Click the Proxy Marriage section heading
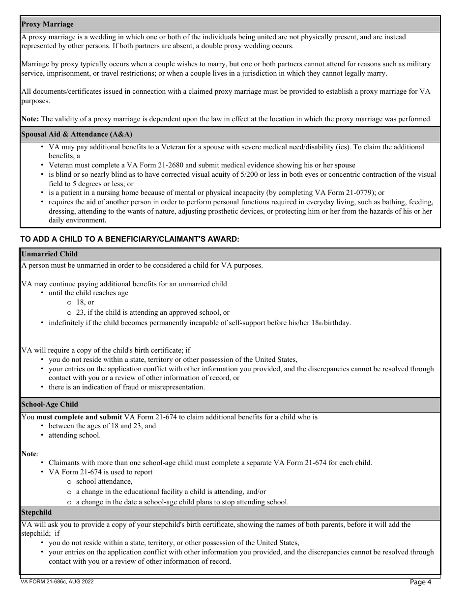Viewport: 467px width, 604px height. [x=47, y=24]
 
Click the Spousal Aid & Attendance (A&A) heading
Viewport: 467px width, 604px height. [x=77, y=134]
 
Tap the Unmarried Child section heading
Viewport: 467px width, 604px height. [x=49, y=254]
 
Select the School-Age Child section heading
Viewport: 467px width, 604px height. [x=50, y=404]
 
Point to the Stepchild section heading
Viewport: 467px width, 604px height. [x=36, y=512]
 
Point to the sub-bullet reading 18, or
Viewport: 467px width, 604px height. [x=85, y=302]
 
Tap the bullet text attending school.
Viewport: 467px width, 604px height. [x=74, y=435]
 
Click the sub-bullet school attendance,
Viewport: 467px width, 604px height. [x=104, y=481]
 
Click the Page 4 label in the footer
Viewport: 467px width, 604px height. [x=420, y=582]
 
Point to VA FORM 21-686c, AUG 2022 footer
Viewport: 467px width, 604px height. [x=57, y=581]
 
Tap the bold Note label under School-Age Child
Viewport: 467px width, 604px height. [x=29, y=454]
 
